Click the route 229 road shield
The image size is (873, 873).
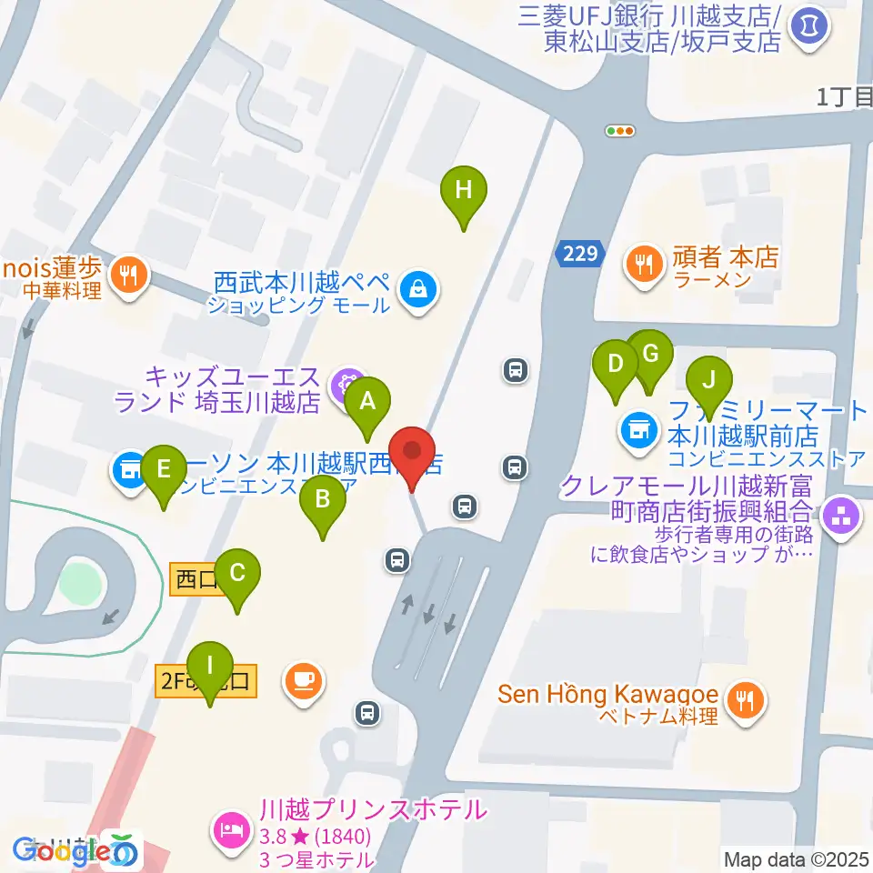[x=578, y=255]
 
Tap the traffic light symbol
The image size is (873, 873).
[x=620, y=131]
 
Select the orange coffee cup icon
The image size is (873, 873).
[x=302, y=677]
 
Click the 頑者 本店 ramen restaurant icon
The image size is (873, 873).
[x=646, y=264]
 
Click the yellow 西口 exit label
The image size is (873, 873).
[x=195, y=579]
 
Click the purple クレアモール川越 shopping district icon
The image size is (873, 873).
[x=840, y=517]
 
